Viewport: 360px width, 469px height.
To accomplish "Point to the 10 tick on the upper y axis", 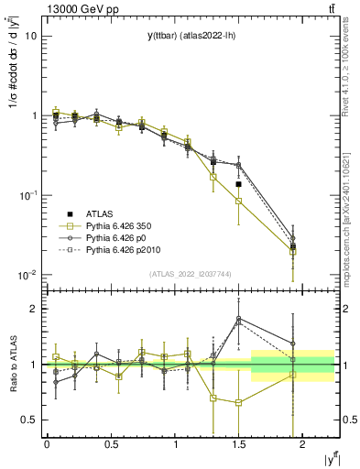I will point(31,37).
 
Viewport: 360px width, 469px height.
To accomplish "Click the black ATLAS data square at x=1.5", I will point(238,184).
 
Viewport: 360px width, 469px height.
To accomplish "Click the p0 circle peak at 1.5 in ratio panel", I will point(238,319).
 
